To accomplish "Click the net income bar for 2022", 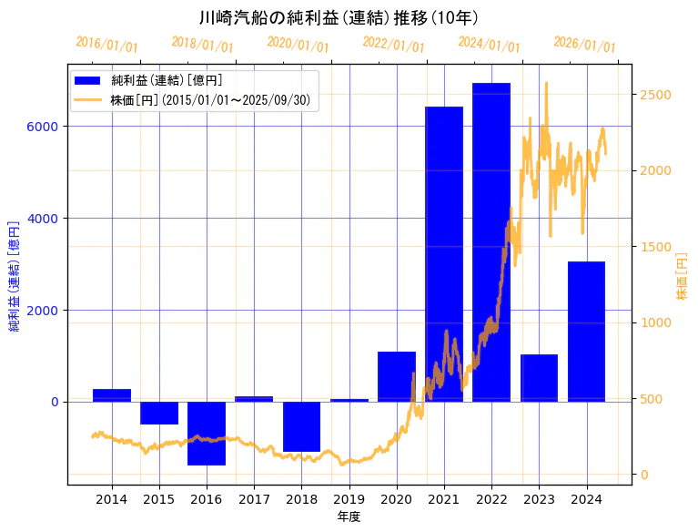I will tap(491, 242).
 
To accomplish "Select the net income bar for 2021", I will tap(444, 254).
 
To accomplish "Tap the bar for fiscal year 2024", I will tap(586, 332).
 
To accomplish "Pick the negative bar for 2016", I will tap(207, 434).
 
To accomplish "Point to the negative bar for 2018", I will tap(301, 426).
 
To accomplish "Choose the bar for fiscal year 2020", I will tap(397, 376).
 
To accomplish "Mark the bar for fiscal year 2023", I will tap(539, 378).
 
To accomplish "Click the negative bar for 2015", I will tap(159, 413).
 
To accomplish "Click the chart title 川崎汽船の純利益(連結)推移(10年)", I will tap(339, 17).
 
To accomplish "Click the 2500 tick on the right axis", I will tap(656, 95).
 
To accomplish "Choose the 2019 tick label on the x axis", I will tap(349, 499).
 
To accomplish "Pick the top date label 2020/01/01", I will tap(298, 44).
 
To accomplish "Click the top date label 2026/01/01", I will tap(584, 44).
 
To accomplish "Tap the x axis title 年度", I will tap(349, 517).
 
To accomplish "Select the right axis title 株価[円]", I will tap(682, 278).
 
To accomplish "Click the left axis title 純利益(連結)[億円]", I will tap(14, 276).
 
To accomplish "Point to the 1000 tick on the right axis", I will tap(656, 322).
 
